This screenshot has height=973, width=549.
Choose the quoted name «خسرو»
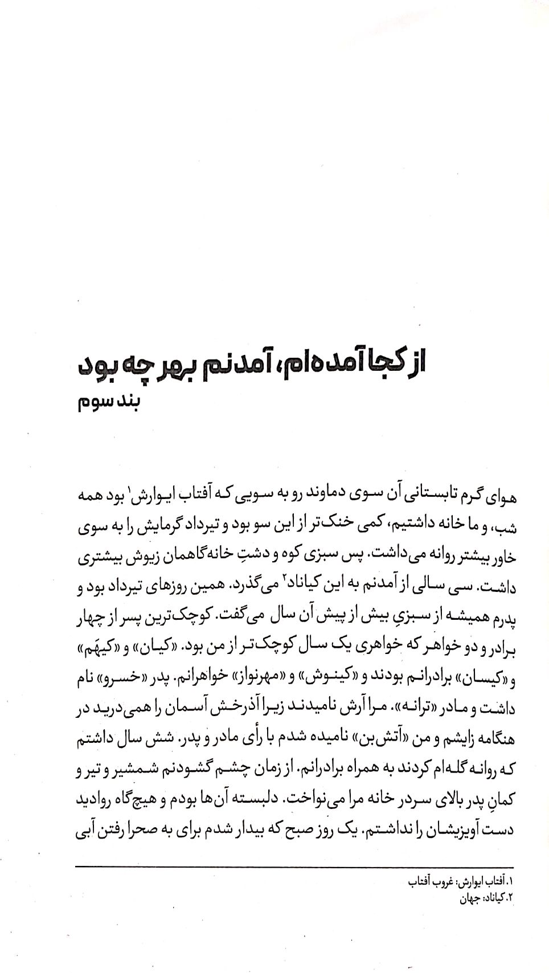click(123, 679)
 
